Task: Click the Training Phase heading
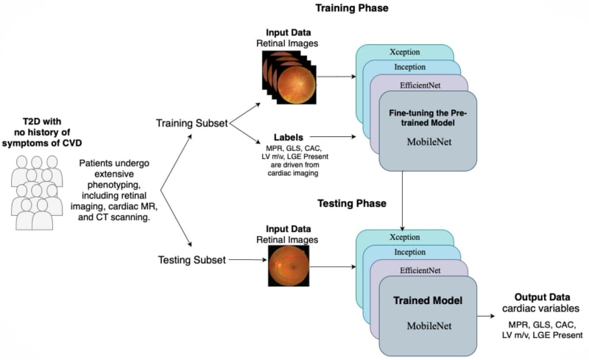351,9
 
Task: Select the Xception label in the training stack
406,53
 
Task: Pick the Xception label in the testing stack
406,238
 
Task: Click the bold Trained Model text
427,300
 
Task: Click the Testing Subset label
191,259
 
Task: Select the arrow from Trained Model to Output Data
487,317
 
